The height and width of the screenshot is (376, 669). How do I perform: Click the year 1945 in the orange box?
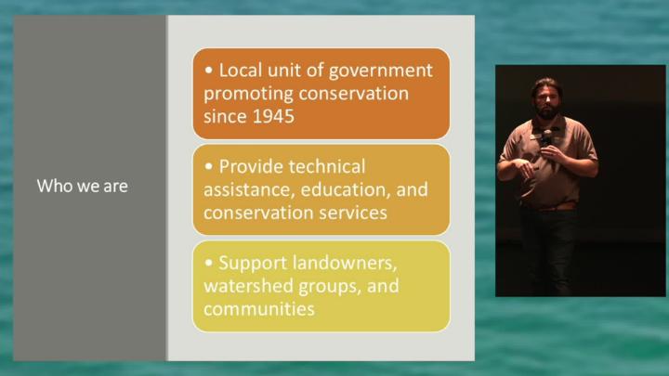(x=273, y=116)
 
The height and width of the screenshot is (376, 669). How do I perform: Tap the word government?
(x=381, y=71)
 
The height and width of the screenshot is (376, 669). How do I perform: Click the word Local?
(x=241, y=71)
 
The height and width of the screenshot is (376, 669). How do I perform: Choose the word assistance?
(x=249, y=190)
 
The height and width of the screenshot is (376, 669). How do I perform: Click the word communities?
(x=259, y=309)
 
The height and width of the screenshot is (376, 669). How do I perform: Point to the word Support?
(x=253, y=264)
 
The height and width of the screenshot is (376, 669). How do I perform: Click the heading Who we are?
(x=83, y=187)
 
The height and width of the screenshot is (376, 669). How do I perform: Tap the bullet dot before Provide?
(x=209, y=166)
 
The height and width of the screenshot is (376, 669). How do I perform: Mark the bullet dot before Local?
(x=209, y=70)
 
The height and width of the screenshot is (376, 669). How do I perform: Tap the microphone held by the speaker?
(x=546, y=138)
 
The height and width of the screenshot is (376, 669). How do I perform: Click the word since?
(x=225, y=116)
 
